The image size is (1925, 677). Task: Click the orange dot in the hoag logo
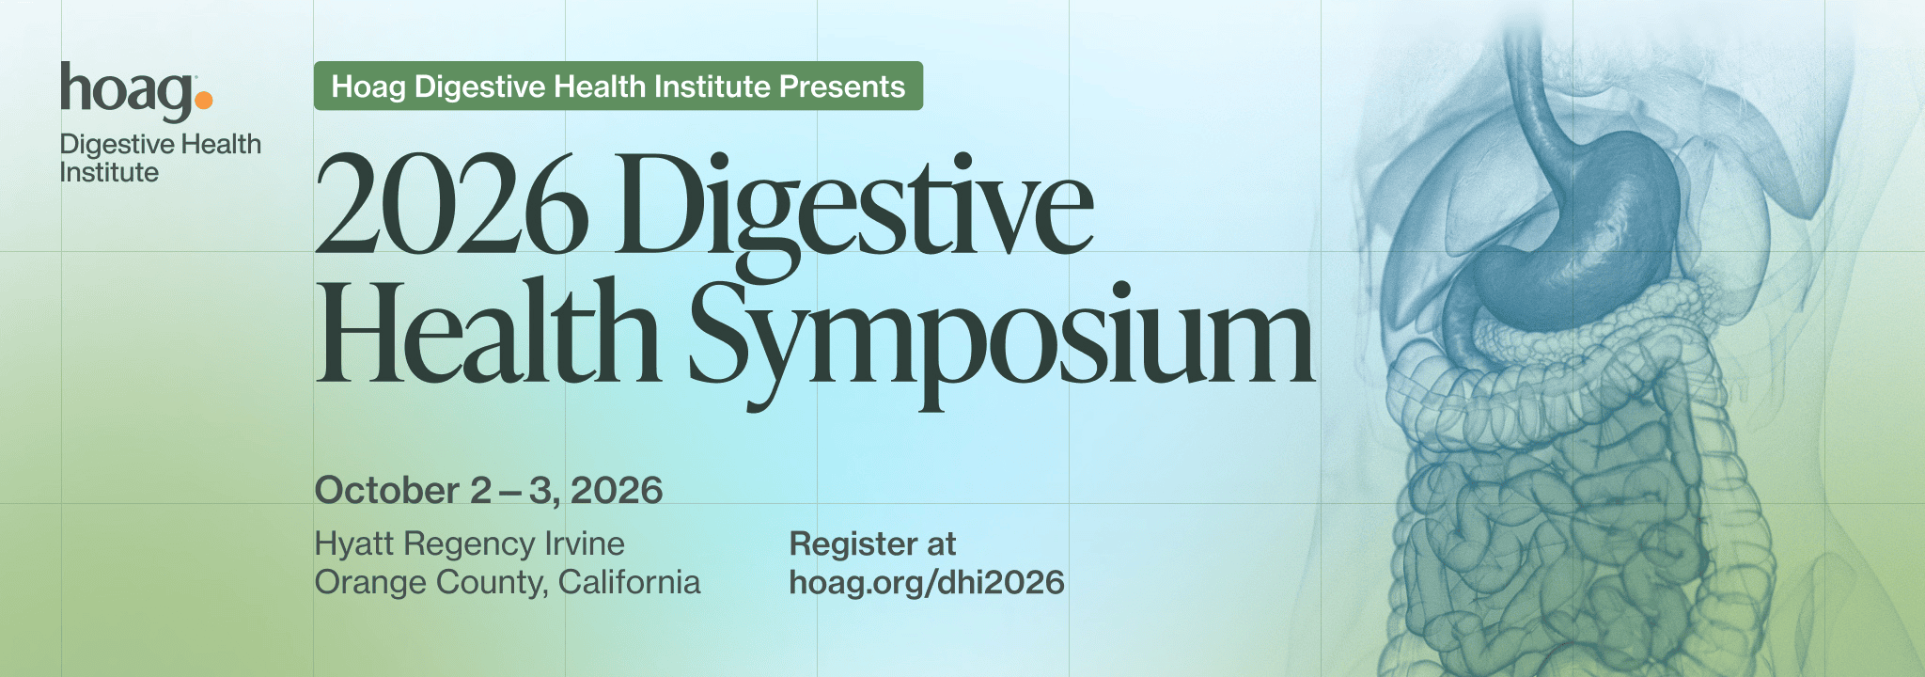tap(204, 99)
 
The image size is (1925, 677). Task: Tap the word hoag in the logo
tap(127, 91)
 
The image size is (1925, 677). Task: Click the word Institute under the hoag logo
tap(109, 173)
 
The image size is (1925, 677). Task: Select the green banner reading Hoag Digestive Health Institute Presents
tap(618, 87)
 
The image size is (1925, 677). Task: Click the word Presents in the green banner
tap(841, 87)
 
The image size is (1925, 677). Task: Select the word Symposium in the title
tap(1002, 338)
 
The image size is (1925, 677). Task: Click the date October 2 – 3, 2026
tap(489, 491)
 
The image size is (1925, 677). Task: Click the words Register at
tap(872, 543)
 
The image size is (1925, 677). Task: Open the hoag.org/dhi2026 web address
tap(927, 582)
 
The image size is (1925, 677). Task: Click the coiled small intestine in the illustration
tap(1542, 527)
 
